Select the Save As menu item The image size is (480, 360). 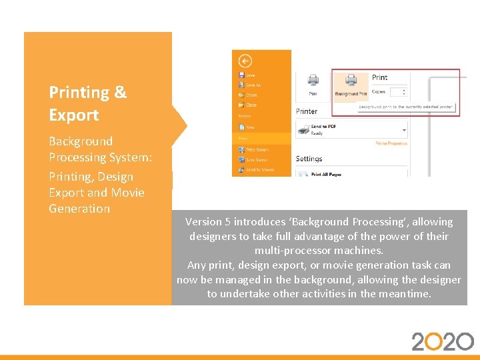click(252, 85)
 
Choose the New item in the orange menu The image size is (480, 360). click(250, 127)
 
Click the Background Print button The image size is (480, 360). click(351, 84)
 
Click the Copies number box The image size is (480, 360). click(397, 92)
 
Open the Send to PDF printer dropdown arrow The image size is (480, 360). click(404, 129)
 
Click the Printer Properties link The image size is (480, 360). click(391, 143)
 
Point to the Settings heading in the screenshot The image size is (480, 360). click(309, 159)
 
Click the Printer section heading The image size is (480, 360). click(307, 111)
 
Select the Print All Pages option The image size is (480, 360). click(326, 174)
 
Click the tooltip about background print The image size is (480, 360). click(405, 107)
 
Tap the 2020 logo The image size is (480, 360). click(442, 341)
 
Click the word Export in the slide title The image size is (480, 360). click(74, 115)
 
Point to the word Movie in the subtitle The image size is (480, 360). click(127, 193)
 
